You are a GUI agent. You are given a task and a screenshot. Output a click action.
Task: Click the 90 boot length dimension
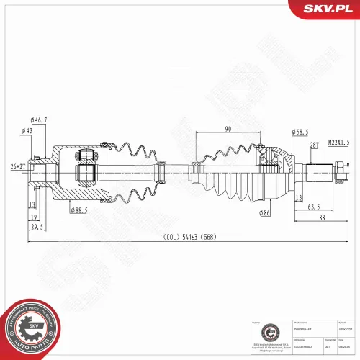click(227, 129)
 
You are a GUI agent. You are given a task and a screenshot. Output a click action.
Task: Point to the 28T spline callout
click(314, 145)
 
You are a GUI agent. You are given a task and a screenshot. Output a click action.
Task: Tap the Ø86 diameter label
click(265, 214)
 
